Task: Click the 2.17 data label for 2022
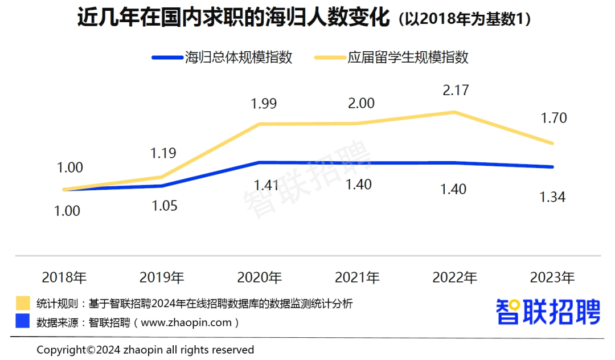454,90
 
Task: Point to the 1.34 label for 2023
552,197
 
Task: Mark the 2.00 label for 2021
357,103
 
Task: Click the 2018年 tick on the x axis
64,278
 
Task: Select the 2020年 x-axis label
260,278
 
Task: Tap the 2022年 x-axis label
454,278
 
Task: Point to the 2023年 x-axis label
552,278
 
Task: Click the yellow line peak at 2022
454,112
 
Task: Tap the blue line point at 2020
260,162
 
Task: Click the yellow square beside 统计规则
23,303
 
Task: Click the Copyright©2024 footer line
145,349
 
